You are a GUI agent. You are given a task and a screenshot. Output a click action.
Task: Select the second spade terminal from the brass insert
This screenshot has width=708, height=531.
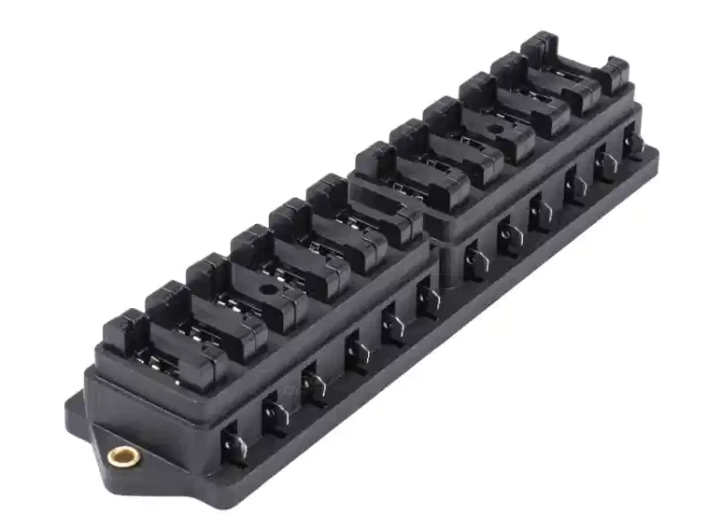(x=276, y=412)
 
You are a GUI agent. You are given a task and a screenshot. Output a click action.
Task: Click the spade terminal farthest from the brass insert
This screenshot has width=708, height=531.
(x=634, y=143)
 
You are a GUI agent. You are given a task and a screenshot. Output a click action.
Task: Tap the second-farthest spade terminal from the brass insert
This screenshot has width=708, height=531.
(x=605, y=163)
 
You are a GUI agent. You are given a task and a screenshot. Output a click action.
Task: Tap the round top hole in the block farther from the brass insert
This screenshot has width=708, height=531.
(x=492, y=129)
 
